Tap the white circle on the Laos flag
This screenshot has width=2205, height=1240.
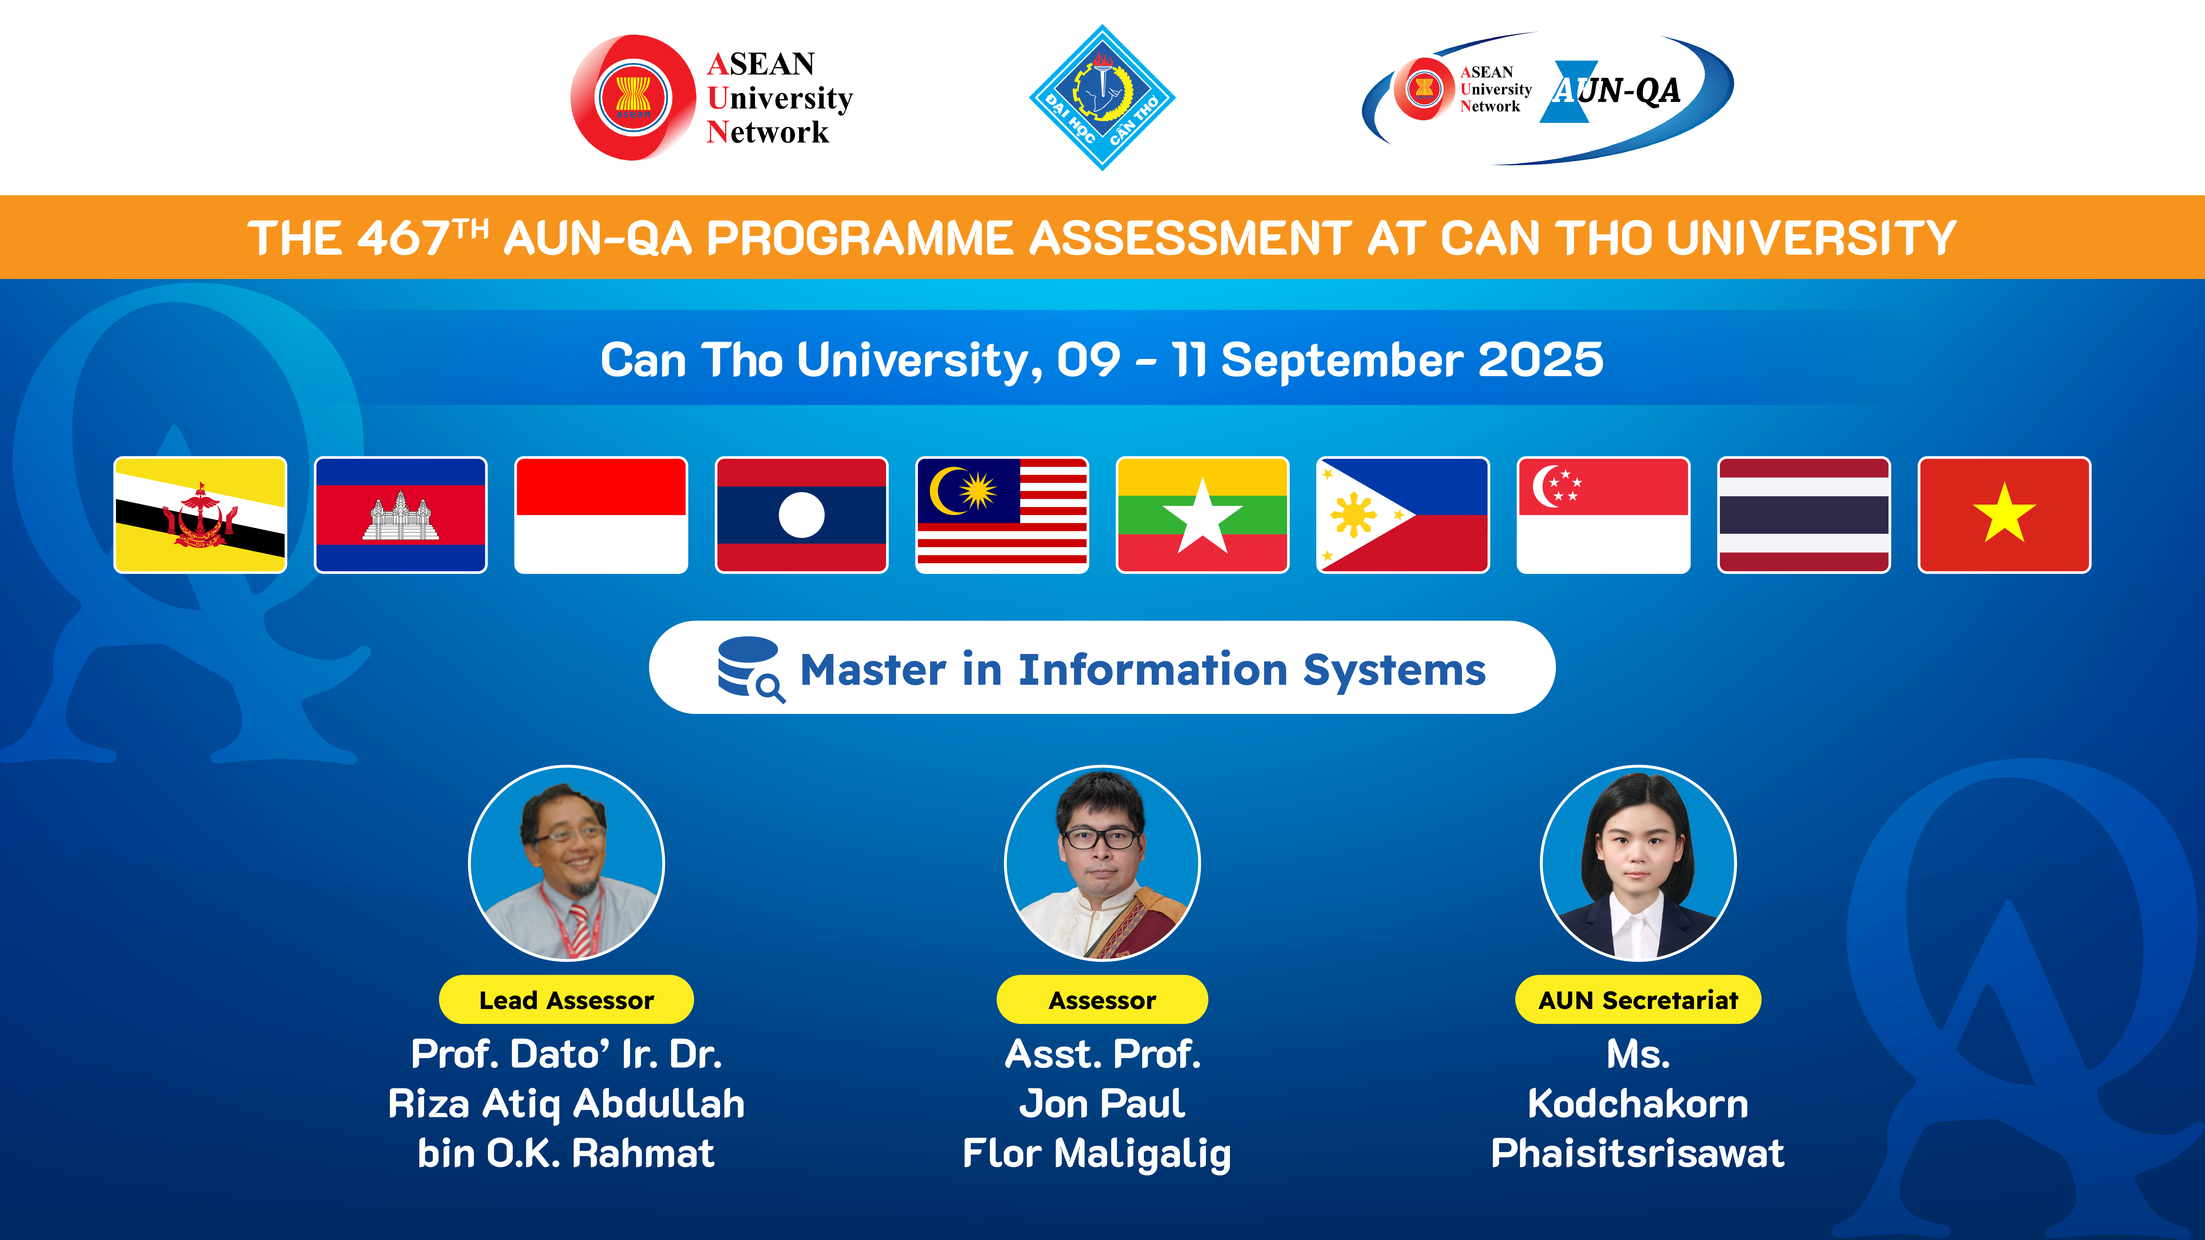(801, 515)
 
